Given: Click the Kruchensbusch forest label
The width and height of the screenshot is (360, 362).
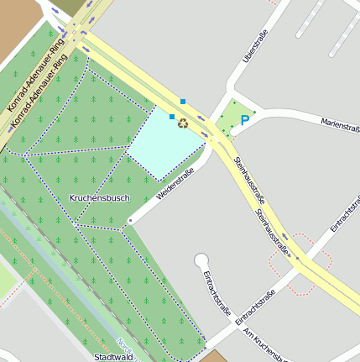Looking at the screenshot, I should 99,198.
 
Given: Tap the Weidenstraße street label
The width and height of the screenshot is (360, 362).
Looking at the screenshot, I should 175,184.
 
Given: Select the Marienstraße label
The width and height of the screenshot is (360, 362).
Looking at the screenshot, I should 340,124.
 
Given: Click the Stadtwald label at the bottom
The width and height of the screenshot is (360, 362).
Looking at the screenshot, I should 113,357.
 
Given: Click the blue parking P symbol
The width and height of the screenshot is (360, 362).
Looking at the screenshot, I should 245,121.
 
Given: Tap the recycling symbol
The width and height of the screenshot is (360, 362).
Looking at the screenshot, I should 183,123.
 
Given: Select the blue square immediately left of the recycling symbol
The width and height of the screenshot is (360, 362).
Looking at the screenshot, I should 172,117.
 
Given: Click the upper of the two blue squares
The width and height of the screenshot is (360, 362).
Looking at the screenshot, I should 183,102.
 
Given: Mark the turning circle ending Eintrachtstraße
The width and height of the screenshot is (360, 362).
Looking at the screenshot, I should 201,260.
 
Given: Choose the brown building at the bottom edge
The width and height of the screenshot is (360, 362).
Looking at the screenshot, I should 213,357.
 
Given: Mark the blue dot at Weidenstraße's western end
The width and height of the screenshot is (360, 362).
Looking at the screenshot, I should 130,221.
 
